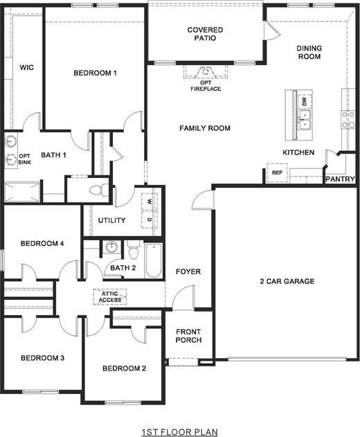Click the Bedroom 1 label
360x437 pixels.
96,73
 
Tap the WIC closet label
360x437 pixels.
27,67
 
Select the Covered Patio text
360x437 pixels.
205,34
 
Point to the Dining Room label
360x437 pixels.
309,52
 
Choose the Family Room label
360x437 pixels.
205,128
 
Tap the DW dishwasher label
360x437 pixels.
304,102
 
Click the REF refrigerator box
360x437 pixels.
277,172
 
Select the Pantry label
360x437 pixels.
340,179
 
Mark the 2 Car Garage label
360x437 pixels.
287,281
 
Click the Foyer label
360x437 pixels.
188,271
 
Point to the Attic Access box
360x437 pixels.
110,297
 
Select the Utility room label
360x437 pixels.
111,221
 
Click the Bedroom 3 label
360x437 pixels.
42,358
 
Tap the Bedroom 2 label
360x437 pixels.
124,368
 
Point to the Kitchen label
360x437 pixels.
299,152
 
